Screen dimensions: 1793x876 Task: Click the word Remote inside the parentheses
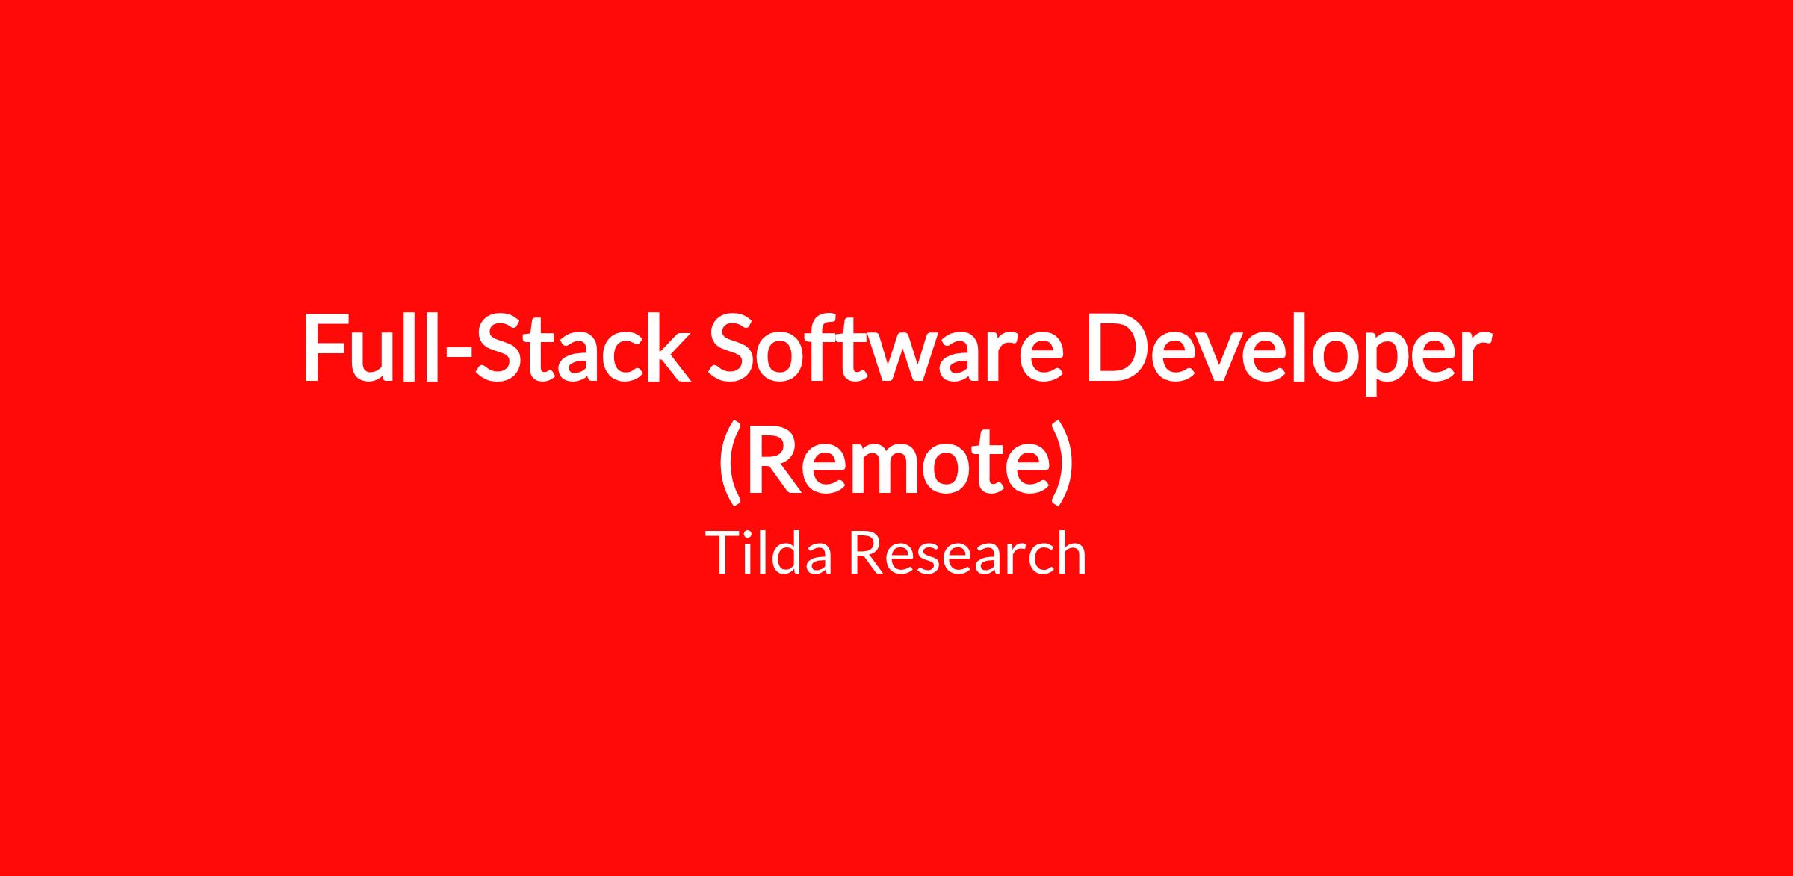[896, 459]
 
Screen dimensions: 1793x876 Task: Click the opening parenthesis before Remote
[730, 463]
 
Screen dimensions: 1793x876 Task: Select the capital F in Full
[325, 347]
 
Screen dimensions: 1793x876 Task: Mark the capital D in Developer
[1116, 347]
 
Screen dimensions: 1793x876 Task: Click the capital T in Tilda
[725, 553]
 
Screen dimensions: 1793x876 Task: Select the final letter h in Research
[1071, 552]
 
